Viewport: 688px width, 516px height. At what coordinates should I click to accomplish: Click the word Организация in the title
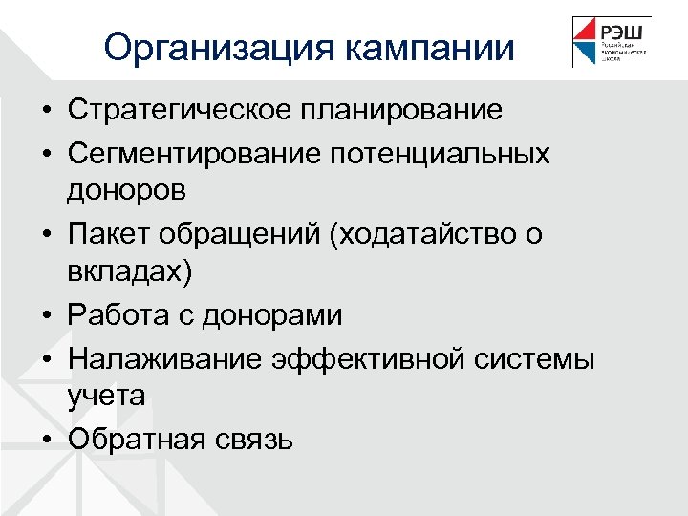(x=219, y=47)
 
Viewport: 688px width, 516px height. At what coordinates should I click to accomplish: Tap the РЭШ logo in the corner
(x=612, y=42)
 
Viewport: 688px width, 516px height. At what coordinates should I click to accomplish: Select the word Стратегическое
(x=181, y=110)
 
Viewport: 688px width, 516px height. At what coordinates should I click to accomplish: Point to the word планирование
(x=401, y=110)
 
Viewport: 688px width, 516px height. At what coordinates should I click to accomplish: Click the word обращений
(x=237, y=233)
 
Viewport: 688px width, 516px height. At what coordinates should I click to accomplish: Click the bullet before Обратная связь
(x=46, y=439)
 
